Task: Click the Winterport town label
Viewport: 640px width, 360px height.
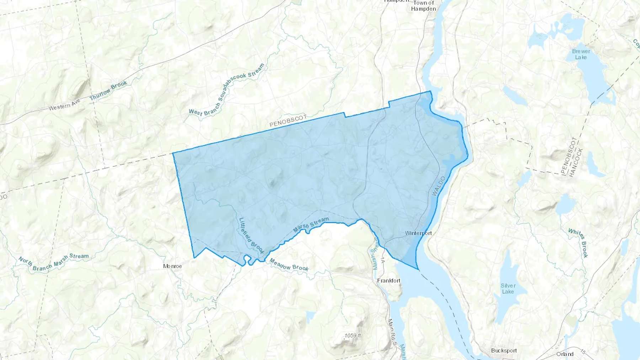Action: [x=418, y=233]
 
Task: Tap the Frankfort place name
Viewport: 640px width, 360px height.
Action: [x=389, y=281]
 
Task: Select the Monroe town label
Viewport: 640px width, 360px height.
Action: [x=172, y=266]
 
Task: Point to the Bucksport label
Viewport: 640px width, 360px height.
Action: [x=504, y=351]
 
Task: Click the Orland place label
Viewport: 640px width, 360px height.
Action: [x=565, y=354]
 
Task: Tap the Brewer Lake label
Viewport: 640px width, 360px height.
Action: [x=581, y=54]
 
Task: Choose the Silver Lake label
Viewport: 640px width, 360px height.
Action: [x=508, y=289]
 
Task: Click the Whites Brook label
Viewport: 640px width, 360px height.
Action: [x=578, y=243]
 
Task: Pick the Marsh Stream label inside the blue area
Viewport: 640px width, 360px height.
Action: [x=311, y=225]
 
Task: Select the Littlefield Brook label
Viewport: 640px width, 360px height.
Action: [x=251, y=235]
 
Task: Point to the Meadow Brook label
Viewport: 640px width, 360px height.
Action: [x=289, y=265]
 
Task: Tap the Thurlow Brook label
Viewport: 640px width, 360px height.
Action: [x=108, y=90]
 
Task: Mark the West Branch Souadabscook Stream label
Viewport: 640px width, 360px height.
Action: [x=227, y=91]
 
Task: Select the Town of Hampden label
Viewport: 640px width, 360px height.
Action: [x=423, y=6]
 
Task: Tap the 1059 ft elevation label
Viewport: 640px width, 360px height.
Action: [x=353, y=335]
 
